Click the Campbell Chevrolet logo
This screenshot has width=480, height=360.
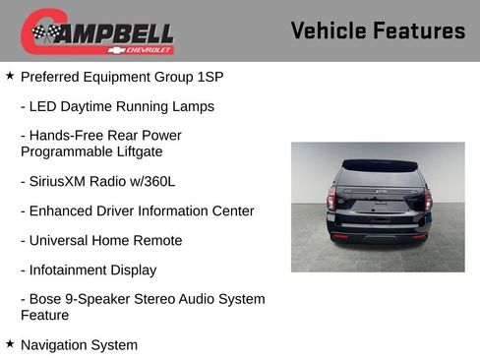pyautogui.click(x=97, y=31)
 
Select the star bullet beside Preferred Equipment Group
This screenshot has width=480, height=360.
pyautogui.click(x=10, y=75)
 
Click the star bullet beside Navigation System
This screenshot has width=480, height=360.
pyautogui.click(x=10, y=343)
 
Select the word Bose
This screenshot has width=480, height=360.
pyautogui.click(x=48, y=299)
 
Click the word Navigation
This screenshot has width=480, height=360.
pyautogui.click(x=55, y=345)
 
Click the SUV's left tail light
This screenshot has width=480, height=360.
pyautogui.click(x=331, y=198)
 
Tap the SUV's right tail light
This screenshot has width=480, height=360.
pyautogui.click(x=427, y=198)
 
